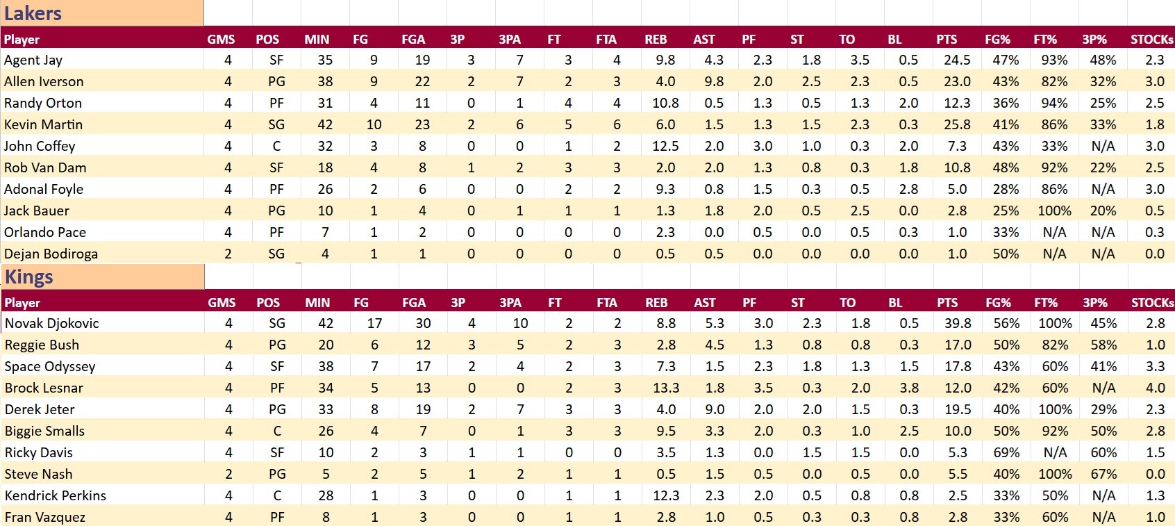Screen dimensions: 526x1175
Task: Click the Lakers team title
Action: pyautogui.click(x=33, y=13)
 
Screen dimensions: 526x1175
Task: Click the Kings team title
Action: pyautogui.click(x=29, y=277)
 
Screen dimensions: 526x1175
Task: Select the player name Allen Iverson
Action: pyautogui.click(x=44, y=81)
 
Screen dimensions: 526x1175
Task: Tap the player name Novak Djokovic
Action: pyautogui.click(x=52, y=323)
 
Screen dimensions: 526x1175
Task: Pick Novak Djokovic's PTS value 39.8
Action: pyautogui.click(x=958, y=323)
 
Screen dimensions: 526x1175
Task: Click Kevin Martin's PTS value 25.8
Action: pyautogui.click(x=957, y=124)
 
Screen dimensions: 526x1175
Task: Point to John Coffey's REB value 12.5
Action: pyautogui.click(x=665, y=146)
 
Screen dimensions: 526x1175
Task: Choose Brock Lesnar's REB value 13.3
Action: pyautogui.click(x=666, y=388)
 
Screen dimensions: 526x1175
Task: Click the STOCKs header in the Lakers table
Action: pyautogui.click(x=1151, y=40)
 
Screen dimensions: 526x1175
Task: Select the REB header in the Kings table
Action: pyautogui.click(x=656, y=303)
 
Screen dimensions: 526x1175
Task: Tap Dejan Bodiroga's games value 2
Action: pyautogui.click(x=228, y=254)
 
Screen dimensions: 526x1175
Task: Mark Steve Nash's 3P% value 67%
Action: pyautogui.click(x=1103, y=474)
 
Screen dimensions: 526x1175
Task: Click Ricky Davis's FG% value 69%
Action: pyautogui.click(x=1006, y=452)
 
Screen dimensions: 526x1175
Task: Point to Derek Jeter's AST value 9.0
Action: pyautogui.click(x=715, y=409)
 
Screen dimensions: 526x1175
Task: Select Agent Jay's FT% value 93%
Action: pyautogui.click(x=1054, y=60)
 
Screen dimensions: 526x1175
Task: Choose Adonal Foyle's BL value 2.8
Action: pyautogui.click(x=908, y=189)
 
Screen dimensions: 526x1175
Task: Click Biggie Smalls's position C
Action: pyautogui.click(x=277, y=431)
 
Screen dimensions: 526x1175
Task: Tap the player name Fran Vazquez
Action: pyautogui.click(x=45, y=517)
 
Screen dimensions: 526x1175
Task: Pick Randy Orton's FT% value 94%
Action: pyautogui.click(x=1054, y=103)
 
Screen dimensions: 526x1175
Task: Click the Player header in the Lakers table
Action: pyautogui.click(x=22, y=40)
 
